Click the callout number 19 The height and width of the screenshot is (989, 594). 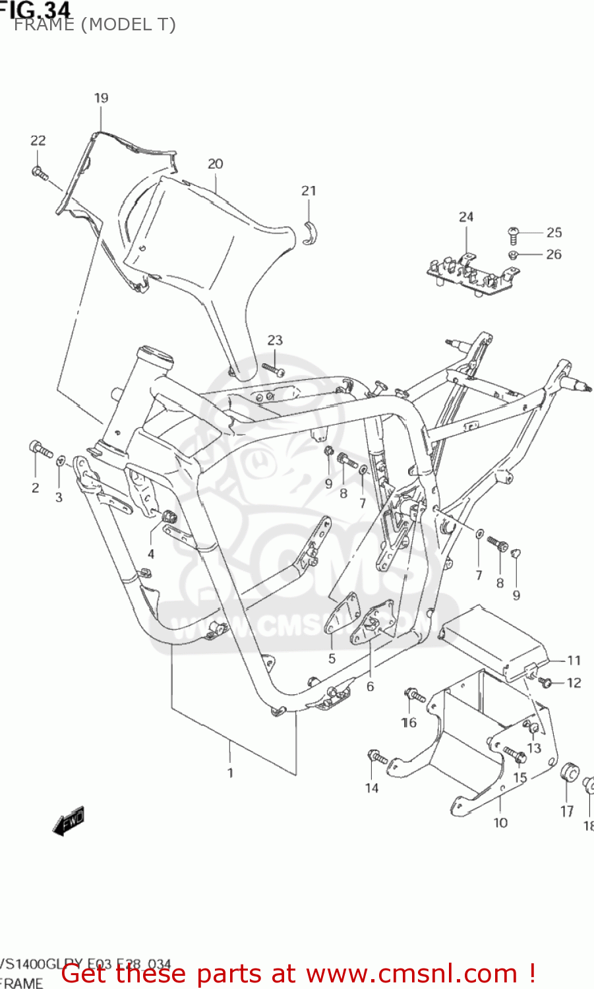(101, 98)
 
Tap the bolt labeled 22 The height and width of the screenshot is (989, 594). (40, 173)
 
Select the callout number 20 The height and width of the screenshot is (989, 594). (216, 164)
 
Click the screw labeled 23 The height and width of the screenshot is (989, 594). (272, 369)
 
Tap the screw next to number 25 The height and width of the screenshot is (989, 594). (514, 233)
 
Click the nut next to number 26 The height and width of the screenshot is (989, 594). (513, 255)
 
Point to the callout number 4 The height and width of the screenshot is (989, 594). (151, 554)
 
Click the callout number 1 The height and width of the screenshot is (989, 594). (230, 773)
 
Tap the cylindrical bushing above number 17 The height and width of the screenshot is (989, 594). (568, 773)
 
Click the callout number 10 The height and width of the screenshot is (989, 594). (500, 823)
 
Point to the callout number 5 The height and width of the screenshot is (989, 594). (332, 659)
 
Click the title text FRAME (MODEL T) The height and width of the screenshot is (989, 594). (94, 25)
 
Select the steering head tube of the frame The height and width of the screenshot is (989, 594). (135, 396)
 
